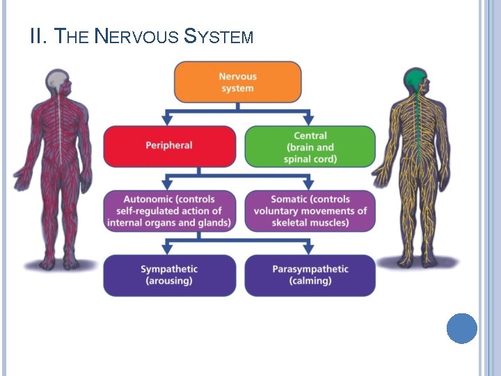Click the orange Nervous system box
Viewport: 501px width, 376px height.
click(237, 82)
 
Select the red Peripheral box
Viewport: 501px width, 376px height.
click(169, 146)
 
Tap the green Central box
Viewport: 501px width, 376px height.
click(310, 146)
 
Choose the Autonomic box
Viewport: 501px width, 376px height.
click(169, 211)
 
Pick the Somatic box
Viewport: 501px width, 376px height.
click(310, 211)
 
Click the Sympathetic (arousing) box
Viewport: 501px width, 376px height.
click(169, 275)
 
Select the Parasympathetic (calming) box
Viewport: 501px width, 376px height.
click(310, 275)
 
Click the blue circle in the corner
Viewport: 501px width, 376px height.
click(462, 328)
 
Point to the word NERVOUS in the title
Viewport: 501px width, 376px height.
click(136, 36)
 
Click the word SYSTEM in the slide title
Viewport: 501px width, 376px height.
click(218, 36)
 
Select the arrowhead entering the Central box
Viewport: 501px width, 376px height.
click(308, 120)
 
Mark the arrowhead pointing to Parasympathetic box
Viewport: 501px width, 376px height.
click(308, 249)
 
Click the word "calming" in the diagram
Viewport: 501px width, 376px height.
click(311, 281)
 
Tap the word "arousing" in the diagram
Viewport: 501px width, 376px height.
click(169, 281)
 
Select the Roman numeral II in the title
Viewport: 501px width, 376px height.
click(38, 36)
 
